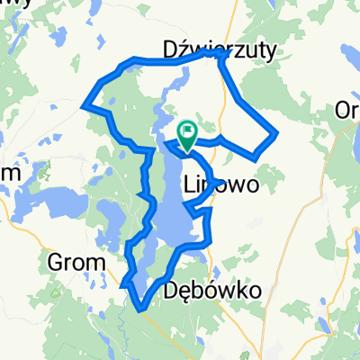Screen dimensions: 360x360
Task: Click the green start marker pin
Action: [x=187, y=135]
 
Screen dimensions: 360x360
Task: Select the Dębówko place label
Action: [x=214, y=292]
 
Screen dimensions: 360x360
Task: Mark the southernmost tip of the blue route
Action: [x=142, y=311]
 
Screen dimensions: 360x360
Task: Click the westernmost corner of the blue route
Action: [x=85, y=106]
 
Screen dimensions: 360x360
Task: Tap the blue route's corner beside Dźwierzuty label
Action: [x=221, y=53]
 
